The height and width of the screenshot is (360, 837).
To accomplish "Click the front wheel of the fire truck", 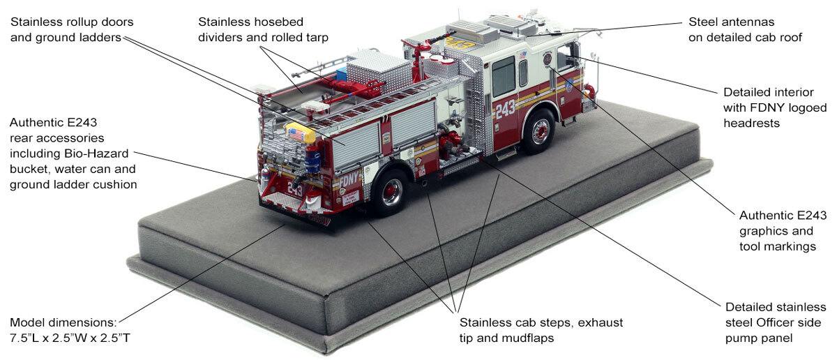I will coord(538,132).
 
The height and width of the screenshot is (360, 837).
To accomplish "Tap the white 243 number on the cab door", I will coord(505,109).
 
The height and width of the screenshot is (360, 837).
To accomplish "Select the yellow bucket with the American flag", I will coord(296,133).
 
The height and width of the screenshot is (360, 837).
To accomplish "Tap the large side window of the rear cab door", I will coord(503,77).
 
